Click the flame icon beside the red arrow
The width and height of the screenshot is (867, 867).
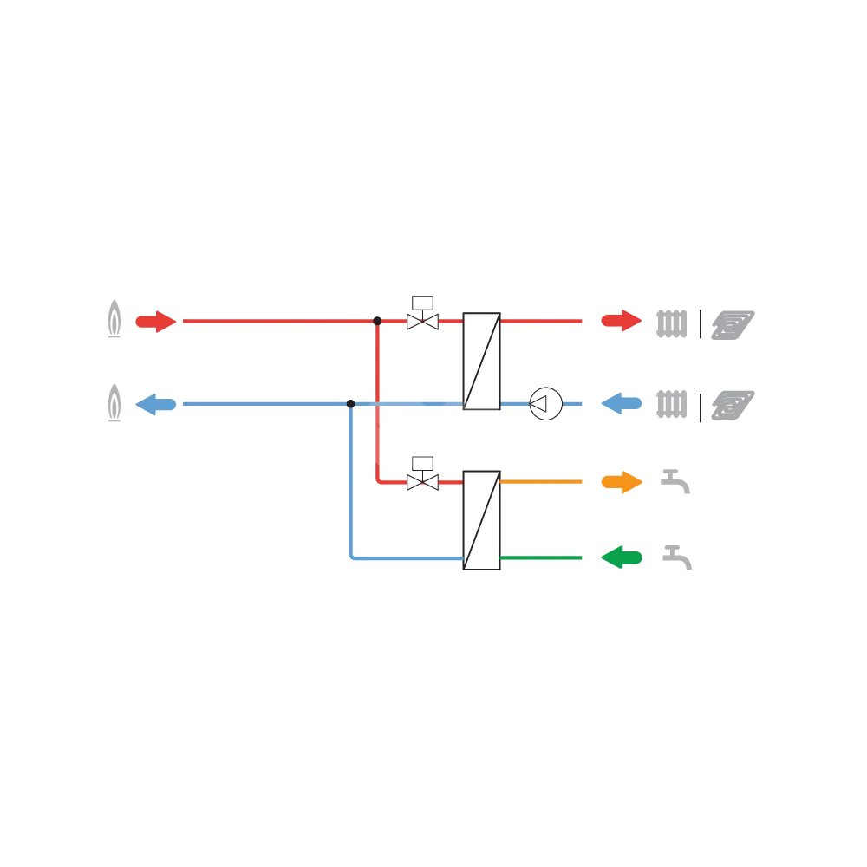(114, 320)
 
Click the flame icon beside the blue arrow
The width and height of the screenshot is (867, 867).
(114, 403)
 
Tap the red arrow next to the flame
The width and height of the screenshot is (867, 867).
(156, 322)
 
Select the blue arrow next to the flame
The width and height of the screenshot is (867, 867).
(156, 404)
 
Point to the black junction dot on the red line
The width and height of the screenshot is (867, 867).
(377, 321)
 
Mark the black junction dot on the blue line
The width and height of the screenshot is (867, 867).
(350, 404)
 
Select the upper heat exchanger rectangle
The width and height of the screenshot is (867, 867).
(481, 361)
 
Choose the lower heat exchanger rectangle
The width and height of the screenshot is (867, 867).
(481, 520)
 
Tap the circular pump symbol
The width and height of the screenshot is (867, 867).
(546, 404)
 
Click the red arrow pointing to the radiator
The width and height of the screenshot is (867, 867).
(622, 321)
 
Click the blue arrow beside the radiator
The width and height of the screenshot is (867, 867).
(622, 404)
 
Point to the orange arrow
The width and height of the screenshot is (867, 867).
(622, 482)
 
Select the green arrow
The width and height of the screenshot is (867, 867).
(622, 557)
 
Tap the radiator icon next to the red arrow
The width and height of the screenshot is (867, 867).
(672, 323)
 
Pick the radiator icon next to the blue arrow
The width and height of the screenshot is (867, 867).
(672, 405)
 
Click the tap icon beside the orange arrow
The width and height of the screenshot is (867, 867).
(675, 481)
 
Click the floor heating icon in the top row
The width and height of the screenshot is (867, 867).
(733, 323)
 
